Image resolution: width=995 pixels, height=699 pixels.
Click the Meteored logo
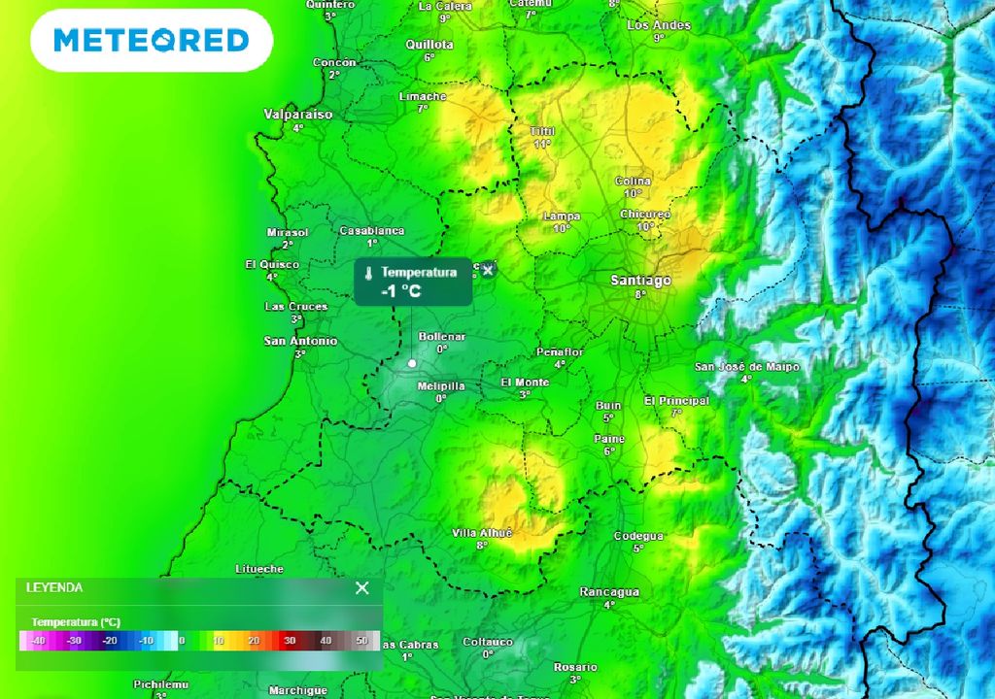[151, 40]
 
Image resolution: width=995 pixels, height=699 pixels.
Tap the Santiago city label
[640, 281]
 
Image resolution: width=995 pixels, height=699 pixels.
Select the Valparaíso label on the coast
[298, 115]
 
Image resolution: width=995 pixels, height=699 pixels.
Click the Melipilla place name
[440, 386]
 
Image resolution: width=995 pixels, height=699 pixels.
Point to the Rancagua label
[609, 591]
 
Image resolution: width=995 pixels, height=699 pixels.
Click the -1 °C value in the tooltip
[401, 290]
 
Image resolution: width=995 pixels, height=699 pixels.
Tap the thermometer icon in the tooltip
[369, 274]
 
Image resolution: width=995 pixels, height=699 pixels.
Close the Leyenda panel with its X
[362, 587]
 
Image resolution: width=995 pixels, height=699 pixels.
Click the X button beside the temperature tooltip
[488, 270]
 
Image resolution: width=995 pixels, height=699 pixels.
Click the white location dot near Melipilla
[412, 363]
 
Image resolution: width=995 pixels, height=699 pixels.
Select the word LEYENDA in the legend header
[54, 587]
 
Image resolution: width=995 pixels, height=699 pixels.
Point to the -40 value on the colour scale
[38, 641]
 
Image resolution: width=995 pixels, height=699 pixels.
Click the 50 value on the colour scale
[361, 641]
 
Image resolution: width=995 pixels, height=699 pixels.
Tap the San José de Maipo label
[746, 367]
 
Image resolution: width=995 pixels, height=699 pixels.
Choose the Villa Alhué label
[482, 533]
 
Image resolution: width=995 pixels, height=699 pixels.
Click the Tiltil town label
[541, 131]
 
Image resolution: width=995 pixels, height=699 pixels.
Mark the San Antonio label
[300, 341]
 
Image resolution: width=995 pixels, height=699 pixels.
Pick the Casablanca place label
[371, 231]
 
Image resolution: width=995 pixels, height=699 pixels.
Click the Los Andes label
[659, 25]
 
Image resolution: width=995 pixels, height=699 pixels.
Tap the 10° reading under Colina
[633, 193]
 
